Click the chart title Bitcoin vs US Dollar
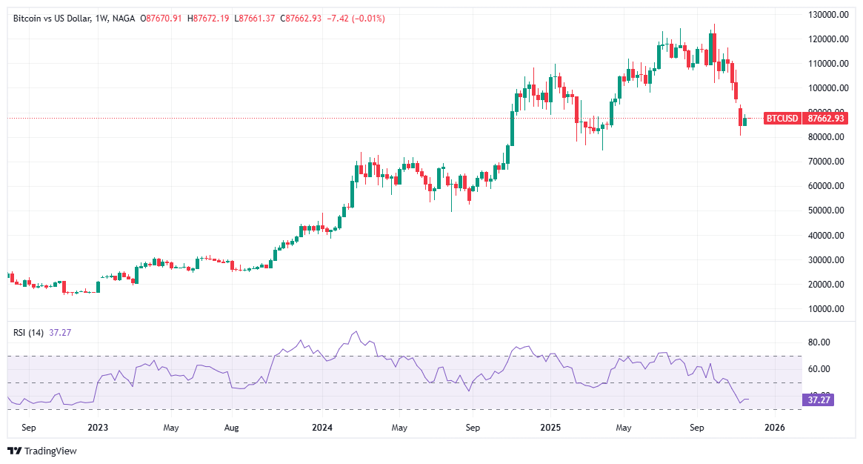coord(52,18)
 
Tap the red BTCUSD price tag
coord(782,119)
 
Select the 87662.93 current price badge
coord(827,119)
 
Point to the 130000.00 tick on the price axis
coord(827,14)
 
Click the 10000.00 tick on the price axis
coord(827,309)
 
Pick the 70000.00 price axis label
coord(827,162)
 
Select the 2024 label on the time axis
coord(322,428)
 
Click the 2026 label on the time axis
coord(774,428)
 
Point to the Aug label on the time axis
coord(232,428)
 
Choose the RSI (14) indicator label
coord(29,333)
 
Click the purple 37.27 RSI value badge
coord(819,400)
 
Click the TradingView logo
coord(42,451)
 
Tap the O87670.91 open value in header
coord(162,18)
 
